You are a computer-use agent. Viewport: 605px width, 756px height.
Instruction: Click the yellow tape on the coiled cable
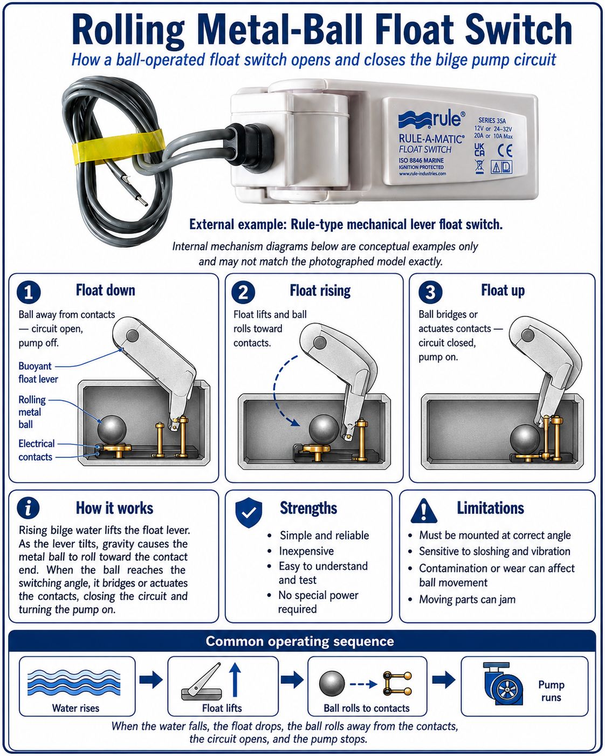pos(118,146)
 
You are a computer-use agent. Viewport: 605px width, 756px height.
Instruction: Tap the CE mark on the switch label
pos(505,150)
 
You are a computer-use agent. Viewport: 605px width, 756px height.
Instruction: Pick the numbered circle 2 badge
pos(243,292)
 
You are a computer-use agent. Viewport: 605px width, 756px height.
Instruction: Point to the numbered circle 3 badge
pos(430,292)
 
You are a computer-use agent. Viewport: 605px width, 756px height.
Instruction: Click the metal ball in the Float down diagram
pos(112,430)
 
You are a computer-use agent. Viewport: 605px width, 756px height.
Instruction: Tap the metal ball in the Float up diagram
pos(525,439)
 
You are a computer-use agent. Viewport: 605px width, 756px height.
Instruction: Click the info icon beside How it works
pos(28,508)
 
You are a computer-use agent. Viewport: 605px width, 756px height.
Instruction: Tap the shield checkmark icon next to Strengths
pos(249,513)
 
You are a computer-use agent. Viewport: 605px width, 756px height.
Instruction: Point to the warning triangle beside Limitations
pos(424,511)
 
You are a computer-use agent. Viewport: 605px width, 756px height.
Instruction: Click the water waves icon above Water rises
pos(74,682)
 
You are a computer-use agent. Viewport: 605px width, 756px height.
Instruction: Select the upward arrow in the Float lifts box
pos(235,679)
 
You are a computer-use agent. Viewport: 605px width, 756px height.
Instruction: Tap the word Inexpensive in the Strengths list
pos(306,551)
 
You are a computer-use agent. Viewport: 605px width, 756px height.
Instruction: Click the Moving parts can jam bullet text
pos(467,599)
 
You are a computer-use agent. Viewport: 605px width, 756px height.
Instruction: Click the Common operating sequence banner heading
pos(300,641)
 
